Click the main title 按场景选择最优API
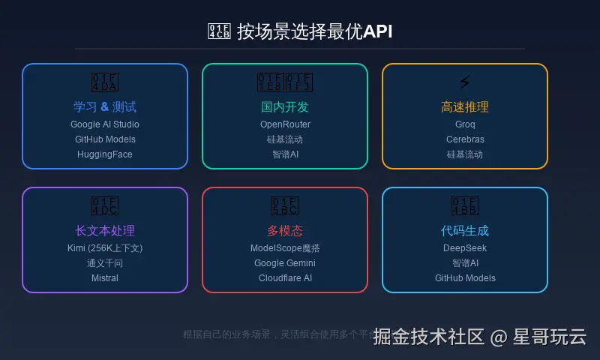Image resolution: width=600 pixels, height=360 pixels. [x=314, y=31]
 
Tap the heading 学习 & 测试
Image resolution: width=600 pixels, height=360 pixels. [x=105, y=107]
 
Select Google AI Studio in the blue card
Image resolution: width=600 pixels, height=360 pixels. [x=105, y=124]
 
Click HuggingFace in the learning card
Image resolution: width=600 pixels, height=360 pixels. [x=105, y=154]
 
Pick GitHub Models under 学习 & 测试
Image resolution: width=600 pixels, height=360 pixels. [x=105, y=139]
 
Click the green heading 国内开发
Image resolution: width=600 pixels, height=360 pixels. [x=285, y=107]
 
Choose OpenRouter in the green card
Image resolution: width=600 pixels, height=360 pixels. [x=285, y=124]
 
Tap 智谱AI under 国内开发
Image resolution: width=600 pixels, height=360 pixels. [x=285, y=154]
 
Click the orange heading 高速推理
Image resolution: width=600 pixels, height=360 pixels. [x=465, y=107]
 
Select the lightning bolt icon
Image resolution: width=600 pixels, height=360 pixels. [x=465, y=82]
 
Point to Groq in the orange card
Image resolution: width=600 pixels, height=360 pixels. [x=465, y=124]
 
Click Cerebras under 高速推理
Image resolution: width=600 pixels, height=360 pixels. [x=465, y=139]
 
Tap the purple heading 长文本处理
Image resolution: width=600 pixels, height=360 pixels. [x=105, y=231]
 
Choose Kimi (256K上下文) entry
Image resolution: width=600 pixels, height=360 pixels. [x=105, y=248]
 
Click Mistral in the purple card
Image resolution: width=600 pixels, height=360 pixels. [x=105, y=278]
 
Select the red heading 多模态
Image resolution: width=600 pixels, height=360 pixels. [x=285, y=231]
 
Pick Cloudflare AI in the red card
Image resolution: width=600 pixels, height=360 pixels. [x=285, y=278]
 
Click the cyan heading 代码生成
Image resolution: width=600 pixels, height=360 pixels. [x=465, y=231]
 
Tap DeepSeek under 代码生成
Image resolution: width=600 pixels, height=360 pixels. [x=465, y=248]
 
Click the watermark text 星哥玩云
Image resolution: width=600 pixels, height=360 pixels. [x=550, y=337]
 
